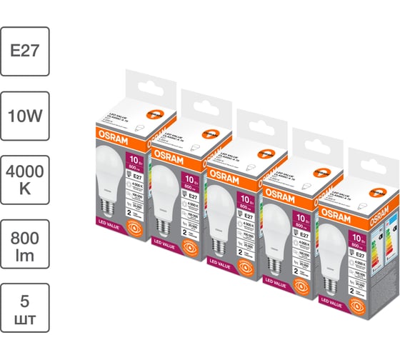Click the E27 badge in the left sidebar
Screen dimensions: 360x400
25,51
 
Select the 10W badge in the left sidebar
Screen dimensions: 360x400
25,115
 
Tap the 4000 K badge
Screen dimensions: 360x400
25,179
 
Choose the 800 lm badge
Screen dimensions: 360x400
25,244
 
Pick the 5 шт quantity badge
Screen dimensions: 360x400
25,308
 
